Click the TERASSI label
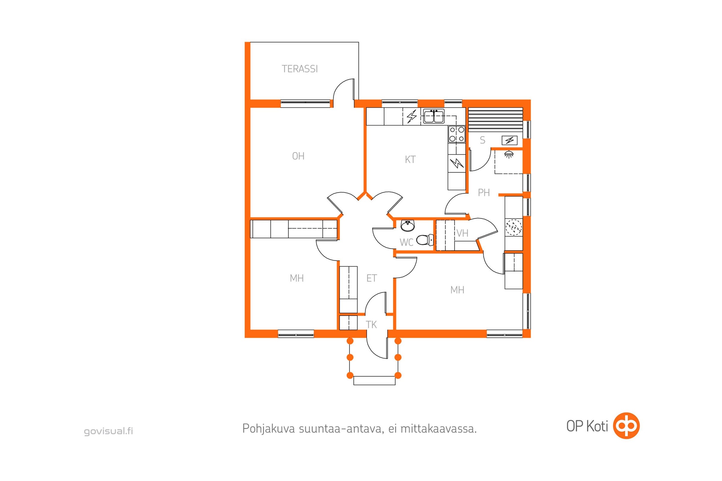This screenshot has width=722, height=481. point(300,69)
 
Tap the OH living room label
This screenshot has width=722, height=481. point(298,156)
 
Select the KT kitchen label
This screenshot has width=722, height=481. point(410,160)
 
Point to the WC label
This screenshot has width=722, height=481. point(406,242)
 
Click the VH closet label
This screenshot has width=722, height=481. point(462,234)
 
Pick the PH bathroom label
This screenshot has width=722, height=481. point(484,193)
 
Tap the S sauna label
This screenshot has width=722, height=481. point(483,140)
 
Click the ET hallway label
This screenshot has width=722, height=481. point(372,278)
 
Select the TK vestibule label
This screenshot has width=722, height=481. point(371,325)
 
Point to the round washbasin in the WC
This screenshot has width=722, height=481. point(408,226)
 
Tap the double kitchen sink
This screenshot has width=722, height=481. point(434,116)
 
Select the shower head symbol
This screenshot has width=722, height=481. point(509,154)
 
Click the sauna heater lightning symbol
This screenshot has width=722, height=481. point(510,140)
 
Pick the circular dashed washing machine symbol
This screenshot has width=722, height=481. point(514,227)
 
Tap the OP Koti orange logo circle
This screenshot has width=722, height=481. point(626,426)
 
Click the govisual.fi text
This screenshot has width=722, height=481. point(108,431)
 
